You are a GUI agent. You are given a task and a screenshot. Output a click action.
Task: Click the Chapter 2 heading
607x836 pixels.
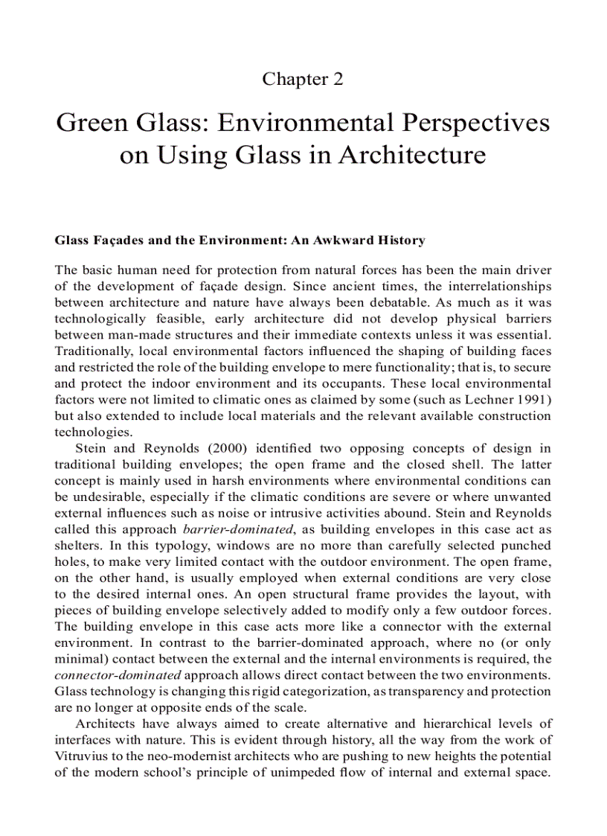point(303,79)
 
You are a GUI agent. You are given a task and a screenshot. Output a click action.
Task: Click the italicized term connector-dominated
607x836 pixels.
point(118,675)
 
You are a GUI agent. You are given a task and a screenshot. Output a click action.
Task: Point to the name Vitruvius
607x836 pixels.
point(84,756)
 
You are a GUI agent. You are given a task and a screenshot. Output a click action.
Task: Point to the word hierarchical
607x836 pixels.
point(463,724)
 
